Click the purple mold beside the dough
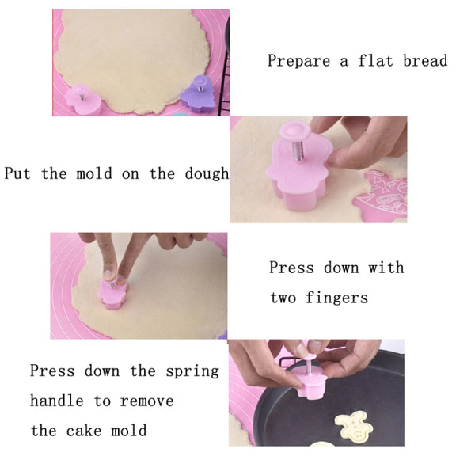tap(197, 94)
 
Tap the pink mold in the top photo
tap(83, 99)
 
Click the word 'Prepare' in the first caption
tap(299, 61)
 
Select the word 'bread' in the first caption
tap(425, 60)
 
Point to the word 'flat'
tap(375, 60)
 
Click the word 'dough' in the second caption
tap(207, 174)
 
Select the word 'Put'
tap(17, 173)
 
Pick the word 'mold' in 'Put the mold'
tap(94, 173)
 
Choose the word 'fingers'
tap(336, 298)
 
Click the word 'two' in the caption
tap(283, 298)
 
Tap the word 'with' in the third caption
tap(386, 268)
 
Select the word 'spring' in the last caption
tap(192, 372)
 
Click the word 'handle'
tap(57, 401)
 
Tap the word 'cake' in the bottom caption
tap(84, 431)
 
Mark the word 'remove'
tap(147, 401)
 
